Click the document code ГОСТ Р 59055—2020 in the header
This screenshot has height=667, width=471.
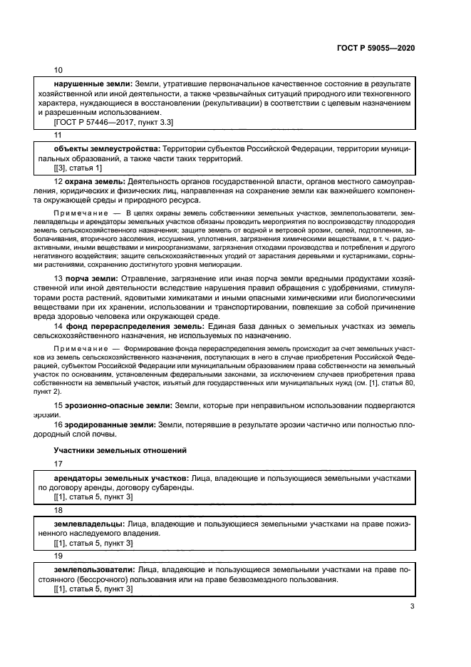(x=376, y=47)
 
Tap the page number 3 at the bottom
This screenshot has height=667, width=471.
(x=413, y=607)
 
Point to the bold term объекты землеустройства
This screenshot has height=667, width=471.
(x=103, y=147)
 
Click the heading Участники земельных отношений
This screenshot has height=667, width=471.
(x=120, y=450)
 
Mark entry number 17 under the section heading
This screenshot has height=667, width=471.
(x=58, y=464)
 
